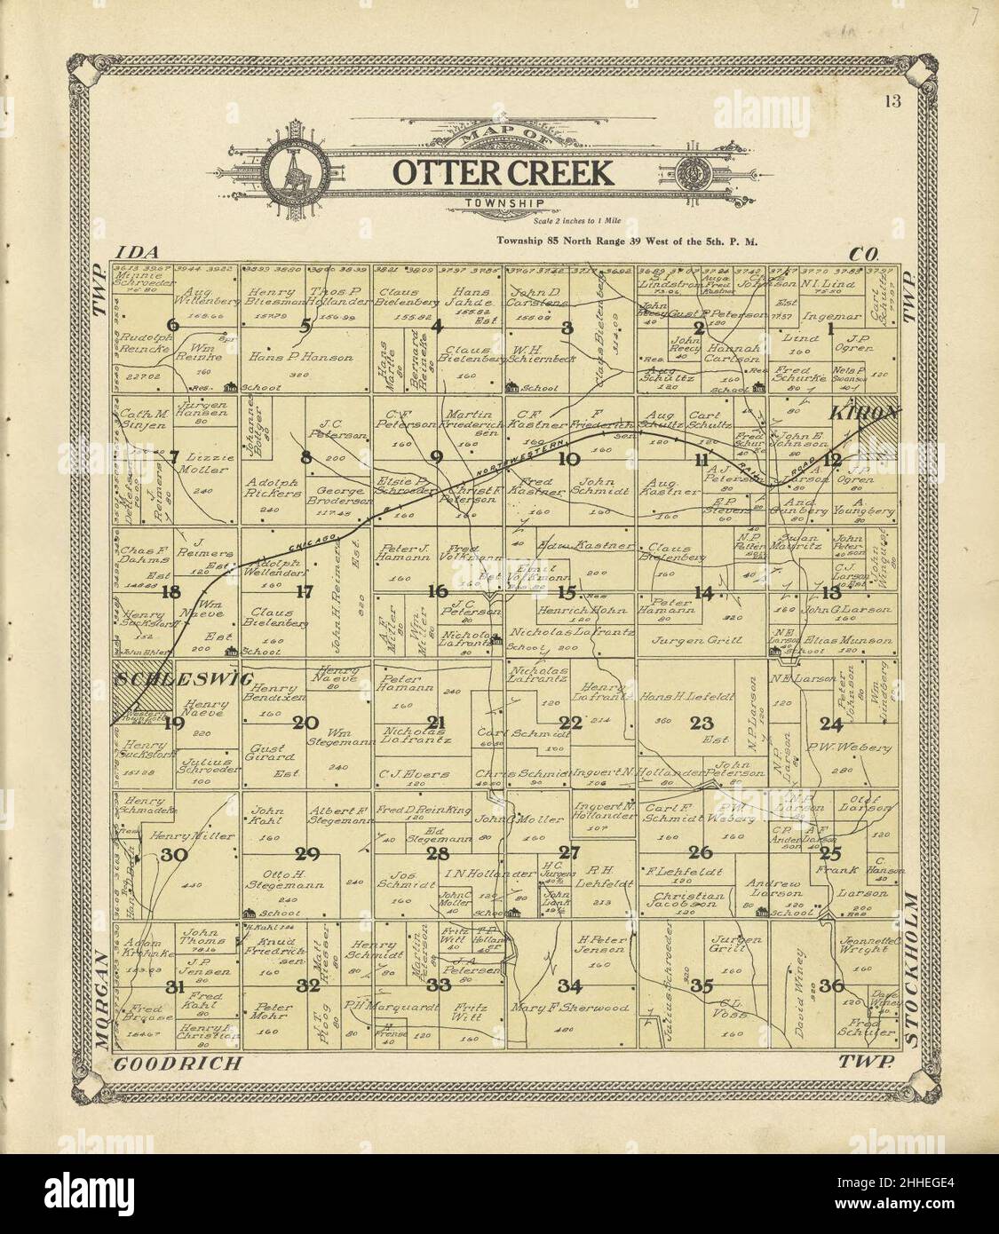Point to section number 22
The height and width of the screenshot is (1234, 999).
coord(570,722)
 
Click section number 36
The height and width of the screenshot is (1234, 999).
coord(831,985)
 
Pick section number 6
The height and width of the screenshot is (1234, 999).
coord(172,326)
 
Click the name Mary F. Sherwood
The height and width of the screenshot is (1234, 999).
coord(571,1008)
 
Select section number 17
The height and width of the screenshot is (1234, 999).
coord(305,591)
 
